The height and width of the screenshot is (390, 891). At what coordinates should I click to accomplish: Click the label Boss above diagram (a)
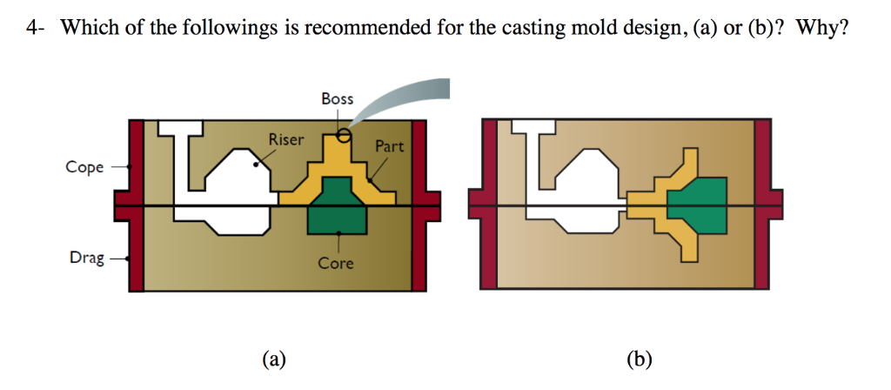coord(338,98)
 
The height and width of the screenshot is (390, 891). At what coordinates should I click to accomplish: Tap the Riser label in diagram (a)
coord(286,138)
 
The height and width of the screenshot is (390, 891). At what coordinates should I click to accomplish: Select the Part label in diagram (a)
coord(389,146)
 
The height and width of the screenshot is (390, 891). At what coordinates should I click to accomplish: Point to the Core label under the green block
coord(335,262)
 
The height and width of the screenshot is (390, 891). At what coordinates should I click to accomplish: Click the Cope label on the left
coord(85,167)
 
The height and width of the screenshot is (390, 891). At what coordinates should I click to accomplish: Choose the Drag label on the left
coord(86,258)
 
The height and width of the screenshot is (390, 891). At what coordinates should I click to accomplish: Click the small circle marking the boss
coord(345,135)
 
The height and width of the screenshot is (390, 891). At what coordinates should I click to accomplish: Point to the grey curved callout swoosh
coord(409,100)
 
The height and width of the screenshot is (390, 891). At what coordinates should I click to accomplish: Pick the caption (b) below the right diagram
coord(639,358)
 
